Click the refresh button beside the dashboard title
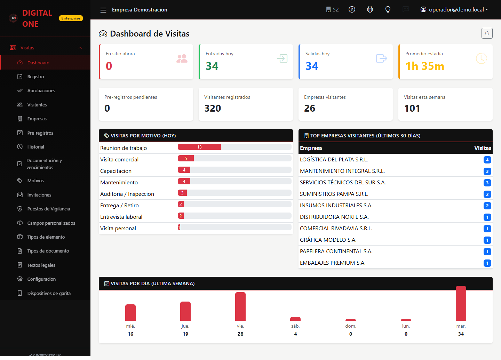(487, 33)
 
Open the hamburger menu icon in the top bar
(103, 10)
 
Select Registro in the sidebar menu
(35, 77)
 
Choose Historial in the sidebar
(35, 147)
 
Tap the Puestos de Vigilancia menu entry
(49, 209)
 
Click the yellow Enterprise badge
(71, 18)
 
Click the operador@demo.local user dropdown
(454, 10)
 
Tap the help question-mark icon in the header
(352, 10)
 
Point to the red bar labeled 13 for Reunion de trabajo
(199, 147)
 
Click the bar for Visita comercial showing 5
(186, 158)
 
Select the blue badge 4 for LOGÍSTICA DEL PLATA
(487, 160)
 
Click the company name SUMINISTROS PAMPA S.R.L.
(334, 194)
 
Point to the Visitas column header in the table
(483, 148)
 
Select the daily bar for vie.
(240, 306)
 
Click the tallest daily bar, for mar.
(461, 303)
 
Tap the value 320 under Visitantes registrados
(213, 108)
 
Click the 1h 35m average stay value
(425, 66)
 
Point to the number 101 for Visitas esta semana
(412, 108)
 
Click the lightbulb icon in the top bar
(388, 10)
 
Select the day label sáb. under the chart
(295, 326)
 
